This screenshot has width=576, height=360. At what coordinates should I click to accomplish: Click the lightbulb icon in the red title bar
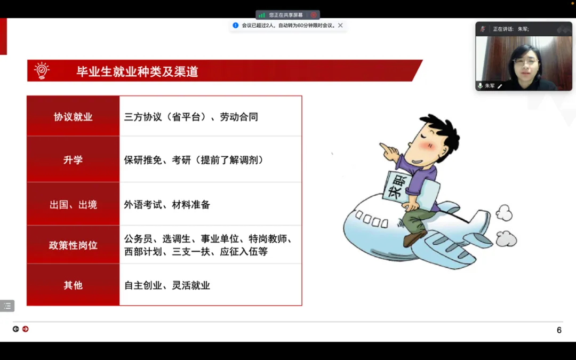point(42,70)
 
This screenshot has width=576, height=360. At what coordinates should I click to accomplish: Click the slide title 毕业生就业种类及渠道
point(137,71)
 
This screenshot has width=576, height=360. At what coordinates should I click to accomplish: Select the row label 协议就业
point(73,117)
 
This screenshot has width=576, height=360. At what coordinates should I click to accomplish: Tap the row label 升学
point(73,160)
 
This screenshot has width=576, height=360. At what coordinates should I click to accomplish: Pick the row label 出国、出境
point(73,204)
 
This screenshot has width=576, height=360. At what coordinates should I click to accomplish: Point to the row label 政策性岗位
point(73,245)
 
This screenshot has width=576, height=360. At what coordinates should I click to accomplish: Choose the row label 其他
point(73,285)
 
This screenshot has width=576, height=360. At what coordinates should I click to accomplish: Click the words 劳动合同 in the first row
point(239,117)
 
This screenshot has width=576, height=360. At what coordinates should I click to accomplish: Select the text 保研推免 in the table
point(143,160)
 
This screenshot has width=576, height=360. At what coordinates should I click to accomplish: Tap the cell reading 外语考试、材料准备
point(167,204)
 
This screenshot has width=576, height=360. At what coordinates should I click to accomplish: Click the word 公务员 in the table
point(138,239)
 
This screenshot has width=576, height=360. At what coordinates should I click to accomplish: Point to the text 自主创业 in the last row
point(143,285)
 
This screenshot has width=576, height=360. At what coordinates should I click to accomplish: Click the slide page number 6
point(559,330)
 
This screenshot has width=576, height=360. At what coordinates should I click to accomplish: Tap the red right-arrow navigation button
point(26,329)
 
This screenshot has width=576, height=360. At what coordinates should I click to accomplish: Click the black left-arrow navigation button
point(16,329)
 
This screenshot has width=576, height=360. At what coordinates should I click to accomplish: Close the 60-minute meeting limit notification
point(340,26)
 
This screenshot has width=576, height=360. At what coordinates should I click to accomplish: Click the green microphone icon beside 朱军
point(480,85)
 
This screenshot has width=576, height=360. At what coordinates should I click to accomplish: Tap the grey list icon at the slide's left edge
point(7,306)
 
